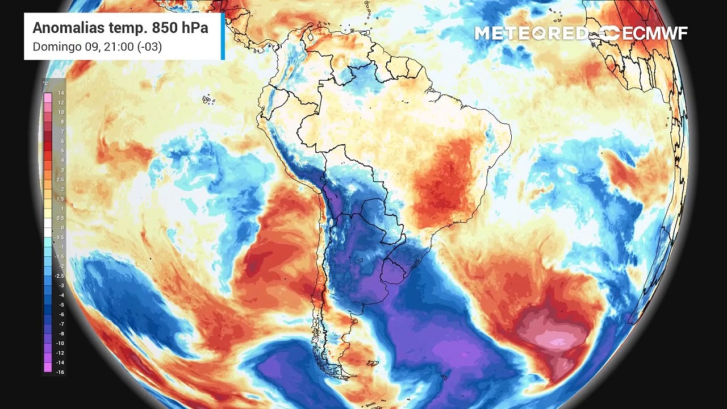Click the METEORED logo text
pyautogui.click(x=532, y=34)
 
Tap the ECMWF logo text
pyautogui.click(x=654, y=34)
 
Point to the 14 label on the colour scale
pyautogui.click(x=61, y=93)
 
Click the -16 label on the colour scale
pyautogui.click(x=61, y=372)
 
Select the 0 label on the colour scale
pyautogui.click(x=62, y=228)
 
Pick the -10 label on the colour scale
pyautogui.click(x=61, y=343)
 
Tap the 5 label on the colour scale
pyautogui.click(x=62, y=151)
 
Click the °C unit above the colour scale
pyautogui.click(x=46, y=84)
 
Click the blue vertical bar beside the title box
pyautogui.click(x=223, y=36)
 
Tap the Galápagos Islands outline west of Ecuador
pyautogui.click(x=208, y=100)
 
